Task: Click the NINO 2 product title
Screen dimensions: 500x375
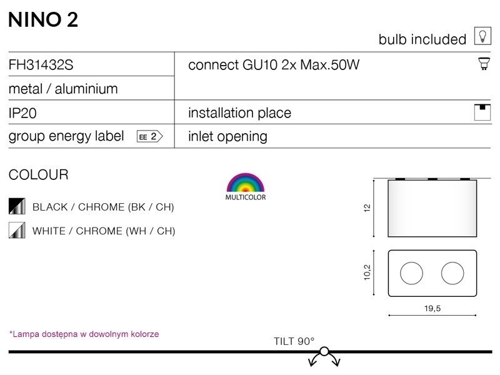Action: pos(43,20)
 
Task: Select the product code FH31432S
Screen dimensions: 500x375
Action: pos(41,65)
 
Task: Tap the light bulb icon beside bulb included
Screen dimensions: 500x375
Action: pos(482,36)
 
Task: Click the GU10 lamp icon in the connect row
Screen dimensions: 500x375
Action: pos(484,64)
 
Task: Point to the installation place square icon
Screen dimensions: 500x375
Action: pos(482,112)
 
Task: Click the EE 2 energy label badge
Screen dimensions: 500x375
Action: pos(149,136)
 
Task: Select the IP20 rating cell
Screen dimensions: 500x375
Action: pos(22,113)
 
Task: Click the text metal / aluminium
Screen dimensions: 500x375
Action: pos(63,89)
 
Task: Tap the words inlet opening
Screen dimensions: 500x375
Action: pos(227,136)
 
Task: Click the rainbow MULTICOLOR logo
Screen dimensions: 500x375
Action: pos(246,187)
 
